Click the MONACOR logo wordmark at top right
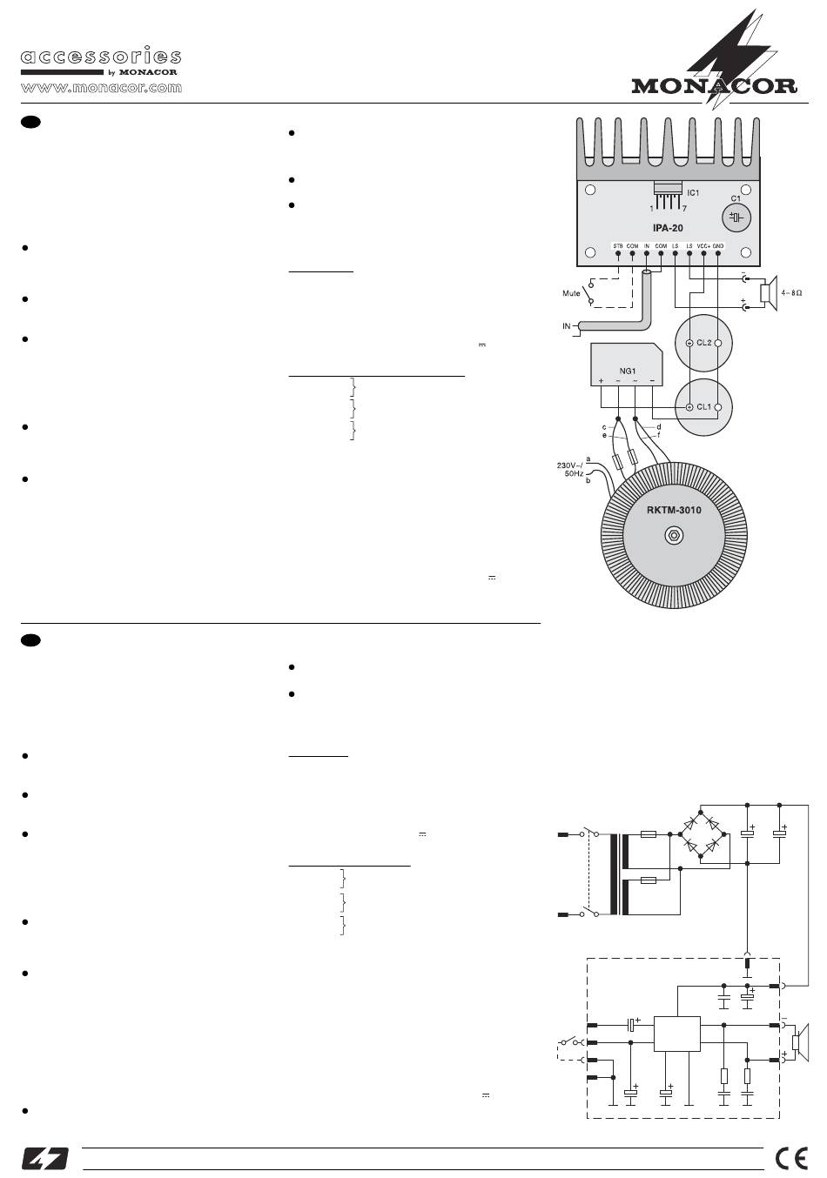point(714,85)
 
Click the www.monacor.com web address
point(101,88)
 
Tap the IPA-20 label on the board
point(669,228)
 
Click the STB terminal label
point(617,246)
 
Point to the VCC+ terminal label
point(703,246)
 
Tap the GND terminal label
point(718,246)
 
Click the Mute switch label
point(571,293)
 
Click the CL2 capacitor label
point(704,343)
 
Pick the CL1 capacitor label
point(704,406)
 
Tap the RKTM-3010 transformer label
point(674,510)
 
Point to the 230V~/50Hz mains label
point(569,471)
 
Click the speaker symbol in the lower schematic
point(799,1041)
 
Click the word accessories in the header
point(101,57)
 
